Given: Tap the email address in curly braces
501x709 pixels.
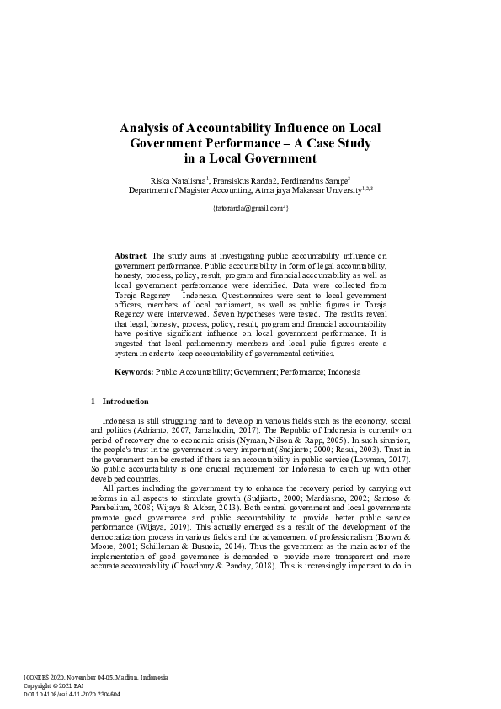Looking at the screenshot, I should (249, 206).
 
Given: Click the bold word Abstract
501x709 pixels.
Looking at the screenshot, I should (131, 253).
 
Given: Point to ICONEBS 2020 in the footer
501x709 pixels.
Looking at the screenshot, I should (41, 677).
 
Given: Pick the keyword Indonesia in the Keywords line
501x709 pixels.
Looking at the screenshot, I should (344, 371).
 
